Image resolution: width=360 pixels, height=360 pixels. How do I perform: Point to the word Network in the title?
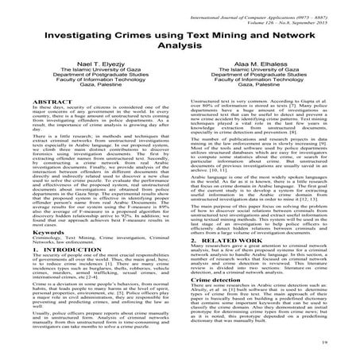point(308,37)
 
